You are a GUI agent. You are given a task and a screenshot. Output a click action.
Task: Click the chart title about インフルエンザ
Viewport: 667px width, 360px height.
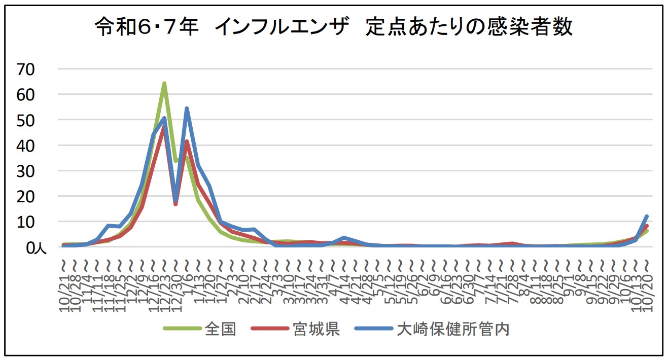333,27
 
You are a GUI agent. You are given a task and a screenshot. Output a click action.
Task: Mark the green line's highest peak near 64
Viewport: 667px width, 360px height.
164,83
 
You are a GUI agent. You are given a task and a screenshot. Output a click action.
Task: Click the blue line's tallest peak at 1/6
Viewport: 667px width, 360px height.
187,108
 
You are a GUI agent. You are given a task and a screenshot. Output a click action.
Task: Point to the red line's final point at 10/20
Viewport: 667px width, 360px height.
647,226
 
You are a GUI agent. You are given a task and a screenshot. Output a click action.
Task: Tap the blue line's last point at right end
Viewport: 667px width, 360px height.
647,216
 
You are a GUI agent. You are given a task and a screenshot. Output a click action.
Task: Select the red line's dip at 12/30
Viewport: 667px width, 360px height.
175,204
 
